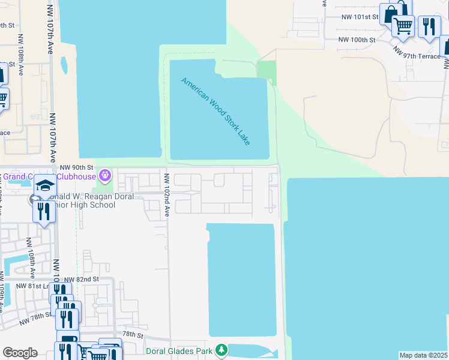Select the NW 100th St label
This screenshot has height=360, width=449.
357,40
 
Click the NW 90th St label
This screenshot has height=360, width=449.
77,167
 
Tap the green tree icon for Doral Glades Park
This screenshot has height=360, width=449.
222,349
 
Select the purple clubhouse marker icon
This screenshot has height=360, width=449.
106,176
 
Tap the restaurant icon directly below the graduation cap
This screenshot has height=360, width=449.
43,211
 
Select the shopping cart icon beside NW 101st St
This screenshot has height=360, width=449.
403,26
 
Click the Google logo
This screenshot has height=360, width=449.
20,353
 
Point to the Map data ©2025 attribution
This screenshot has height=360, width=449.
424,355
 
